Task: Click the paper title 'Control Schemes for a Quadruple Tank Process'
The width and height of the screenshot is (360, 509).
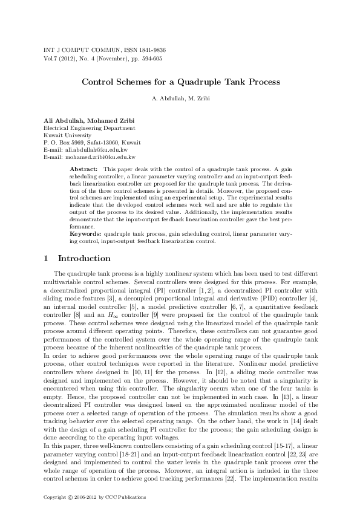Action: click(180, 80)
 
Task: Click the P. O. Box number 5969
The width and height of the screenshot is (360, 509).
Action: click(79, 142)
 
